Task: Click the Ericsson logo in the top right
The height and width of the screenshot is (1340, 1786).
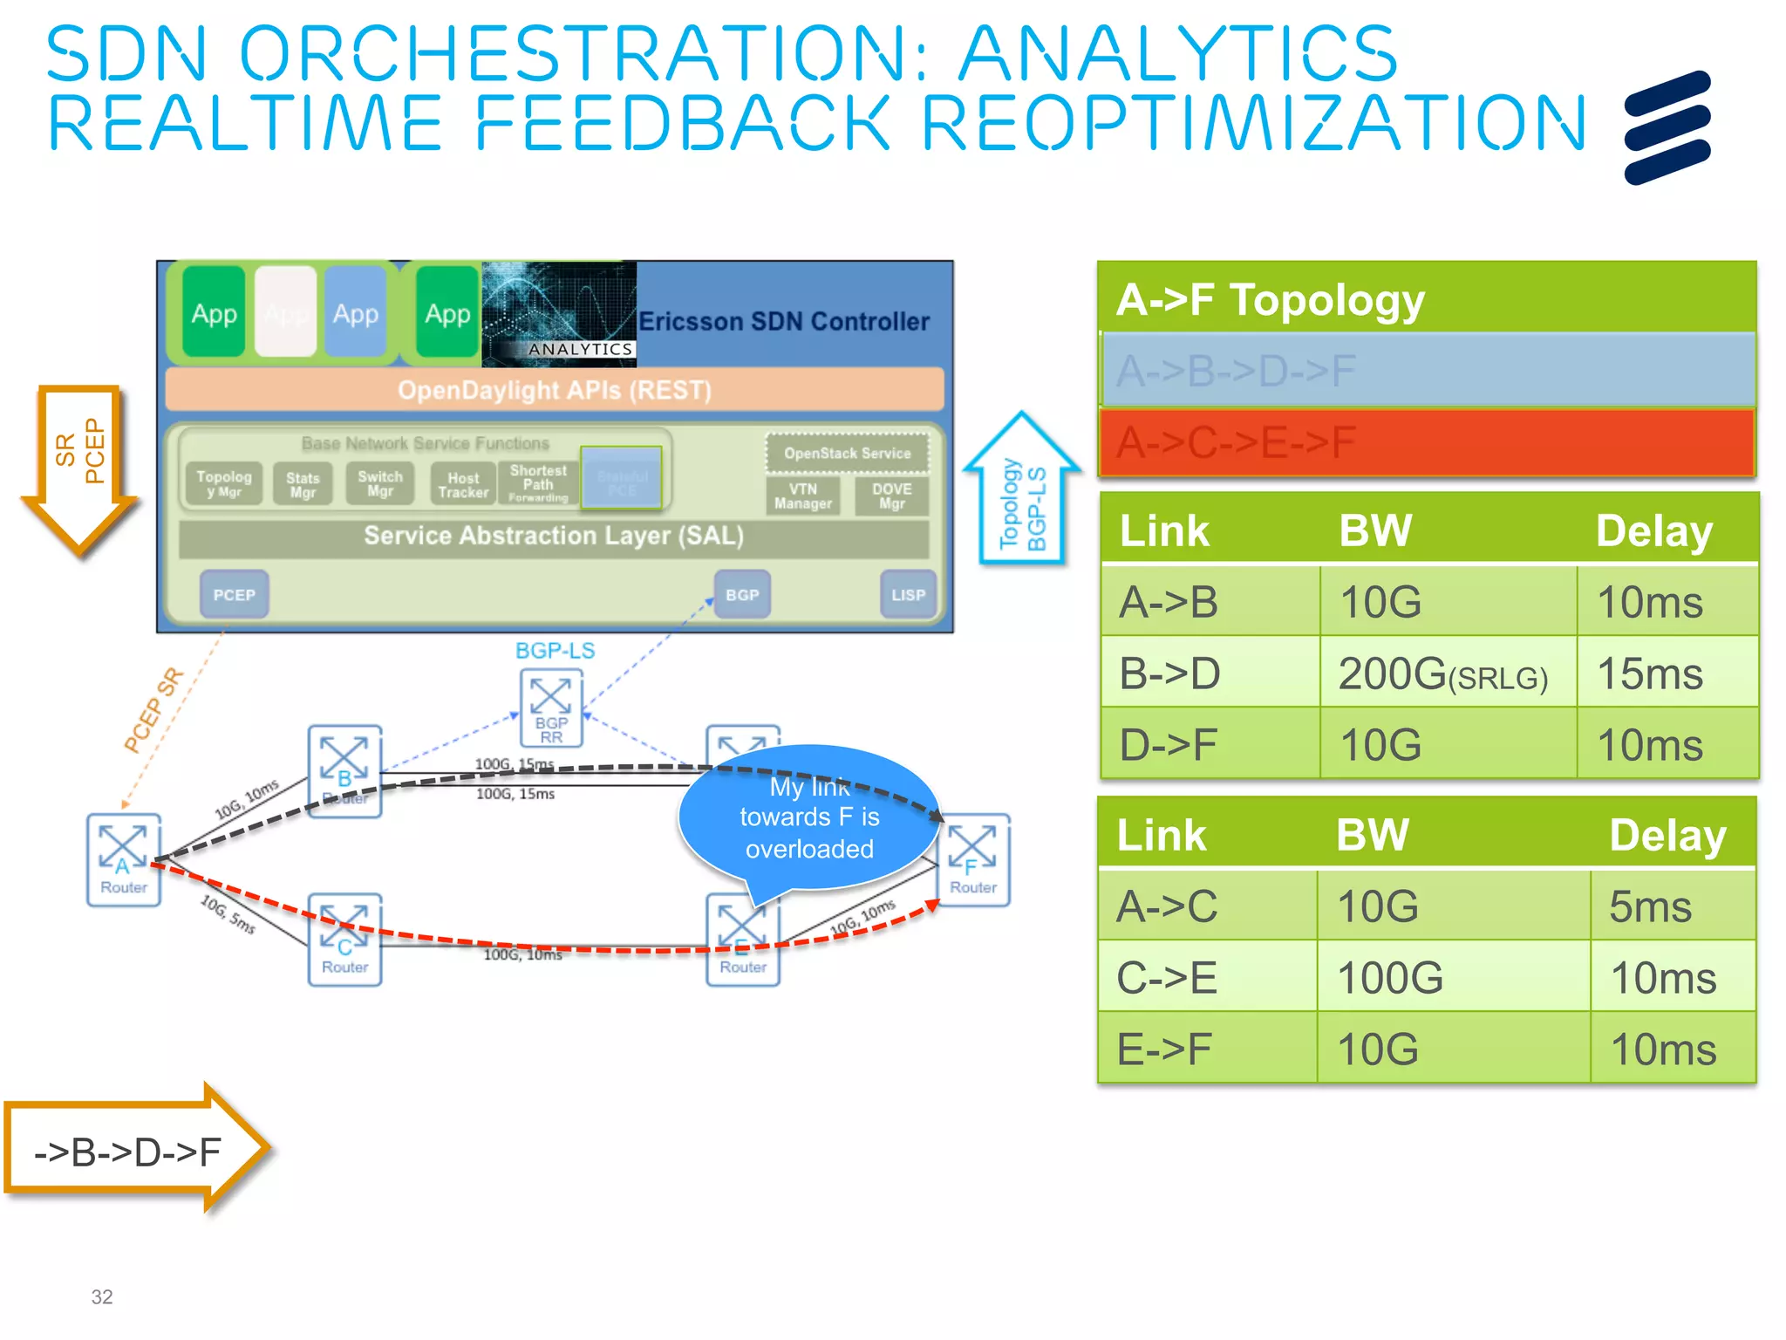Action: [x=1667, y=127]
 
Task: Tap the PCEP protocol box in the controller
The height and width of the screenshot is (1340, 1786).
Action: [x=234, y=594]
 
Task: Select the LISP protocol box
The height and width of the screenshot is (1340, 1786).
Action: [x=908, y=594]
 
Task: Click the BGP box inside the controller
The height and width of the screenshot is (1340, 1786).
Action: [x=742, y=594]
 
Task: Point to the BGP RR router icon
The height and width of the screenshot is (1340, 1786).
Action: [x=551, y=708]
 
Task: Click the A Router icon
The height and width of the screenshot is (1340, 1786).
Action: [x=123, y=859]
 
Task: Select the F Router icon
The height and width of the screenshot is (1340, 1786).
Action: [x=973, y=859]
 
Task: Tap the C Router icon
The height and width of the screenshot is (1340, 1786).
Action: [x=344, y=939]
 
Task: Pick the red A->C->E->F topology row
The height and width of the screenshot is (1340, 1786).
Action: [x=1427, y=442]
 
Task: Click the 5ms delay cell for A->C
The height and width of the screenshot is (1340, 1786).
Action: [x=1669, y=906]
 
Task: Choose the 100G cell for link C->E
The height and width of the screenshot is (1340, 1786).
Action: [x=1451, y=977]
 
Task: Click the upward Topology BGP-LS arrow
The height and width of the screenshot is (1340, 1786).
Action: [x=1021, y=493]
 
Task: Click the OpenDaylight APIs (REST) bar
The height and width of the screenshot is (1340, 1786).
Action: [x=555, y=389]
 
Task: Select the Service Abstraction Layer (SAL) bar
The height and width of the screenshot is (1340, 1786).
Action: [x=554, y=536]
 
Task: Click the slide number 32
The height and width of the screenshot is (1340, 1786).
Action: [x=102, y=1296]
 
